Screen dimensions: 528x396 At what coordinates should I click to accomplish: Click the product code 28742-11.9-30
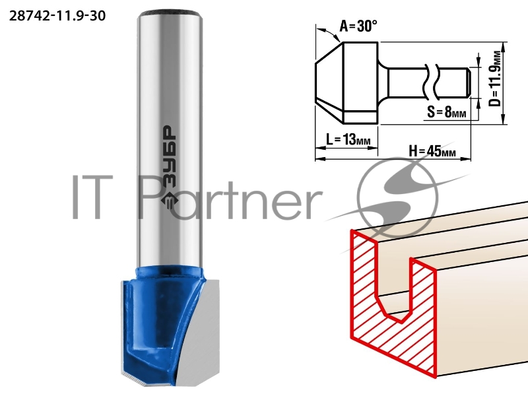click(x=57, y=16)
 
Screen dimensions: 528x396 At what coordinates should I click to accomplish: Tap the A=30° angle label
click(x=358, y=26)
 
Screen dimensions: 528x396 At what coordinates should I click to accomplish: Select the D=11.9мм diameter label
click(x=494, y=79)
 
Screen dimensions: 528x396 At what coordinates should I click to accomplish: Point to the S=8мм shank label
click(x=447, y=112)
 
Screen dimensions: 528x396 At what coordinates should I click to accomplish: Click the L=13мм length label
click(x=348, y=139)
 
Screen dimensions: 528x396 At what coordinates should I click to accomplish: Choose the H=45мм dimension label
click(x=432, y=151)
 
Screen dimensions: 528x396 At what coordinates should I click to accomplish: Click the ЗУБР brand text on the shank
click(x=169, y=156)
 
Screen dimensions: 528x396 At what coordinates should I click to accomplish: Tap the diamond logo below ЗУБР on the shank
click(x=169, y=200)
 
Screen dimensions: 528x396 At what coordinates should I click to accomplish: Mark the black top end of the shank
click(x=170, y=14)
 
